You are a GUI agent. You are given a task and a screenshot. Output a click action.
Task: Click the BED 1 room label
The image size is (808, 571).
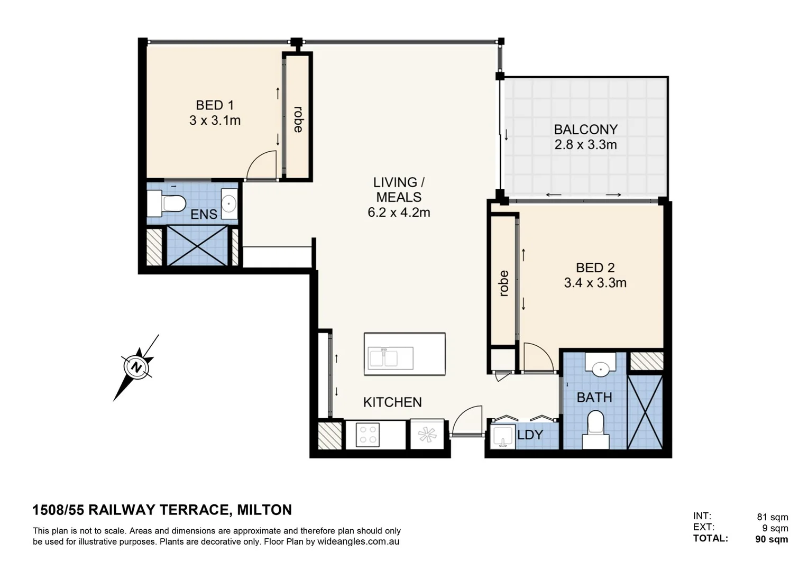pyautogui.click(x=215, y=105)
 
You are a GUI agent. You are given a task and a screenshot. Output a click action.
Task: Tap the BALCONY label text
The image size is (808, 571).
pyautogui.click(x=585, y=130)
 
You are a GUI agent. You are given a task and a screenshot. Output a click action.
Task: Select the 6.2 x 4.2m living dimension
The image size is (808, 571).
pyautogui.click(x=399, y=213)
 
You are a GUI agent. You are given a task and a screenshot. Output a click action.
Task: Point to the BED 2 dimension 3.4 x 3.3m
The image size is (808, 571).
pyautogui.click(x=595, y=283)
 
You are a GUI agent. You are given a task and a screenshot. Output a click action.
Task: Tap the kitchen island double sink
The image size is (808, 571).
pyautogui.click(x=391, y=358)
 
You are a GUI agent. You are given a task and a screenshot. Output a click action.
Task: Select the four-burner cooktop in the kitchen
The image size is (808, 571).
pyautogui.click(x=368, y=435)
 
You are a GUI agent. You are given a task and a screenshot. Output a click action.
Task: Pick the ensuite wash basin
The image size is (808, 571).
pyautogui.click(x=229, y=204)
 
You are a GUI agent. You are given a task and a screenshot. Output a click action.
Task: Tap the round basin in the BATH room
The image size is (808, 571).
pyautogui.click(x=600, y=367)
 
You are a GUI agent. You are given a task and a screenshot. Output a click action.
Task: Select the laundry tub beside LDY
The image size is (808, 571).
pyautogui.click(x=502, y=437)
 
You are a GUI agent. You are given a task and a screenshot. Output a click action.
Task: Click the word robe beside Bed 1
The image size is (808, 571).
pyautogui.click(x=298, y=119)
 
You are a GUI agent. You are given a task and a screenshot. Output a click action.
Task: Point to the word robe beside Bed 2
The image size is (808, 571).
pyautogui.click(x=504, y=283)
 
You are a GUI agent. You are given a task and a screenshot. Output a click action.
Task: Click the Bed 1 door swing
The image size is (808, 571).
pyautogui.click(x=263, y=165)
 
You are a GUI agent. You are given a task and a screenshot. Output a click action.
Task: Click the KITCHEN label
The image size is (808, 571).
pyautogui.click(x=392, y=402)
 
